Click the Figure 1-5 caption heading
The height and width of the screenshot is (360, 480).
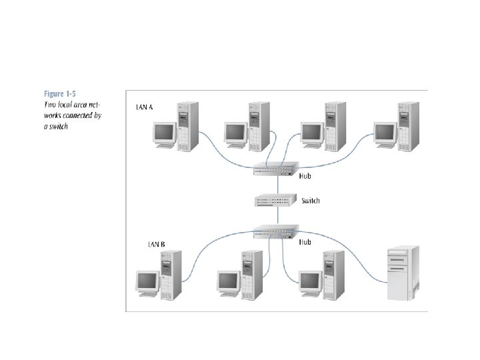click(61, 93)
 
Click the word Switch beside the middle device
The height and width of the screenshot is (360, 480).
click(311, 200)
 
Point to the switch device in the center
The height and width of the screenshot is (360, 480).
click(275, 200)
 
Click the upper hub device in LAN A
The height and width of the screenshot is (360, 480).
click(273, 171)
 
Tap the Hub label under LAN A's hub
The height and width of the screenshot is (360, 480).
click(305, 177)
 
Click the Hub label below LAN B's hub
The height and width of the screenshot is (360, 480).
click(304, 242)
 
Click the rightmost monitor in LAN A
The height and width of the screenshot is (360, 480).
click(386, 133)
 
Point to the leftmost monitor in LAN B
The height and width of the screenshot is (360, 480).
click(146, 283)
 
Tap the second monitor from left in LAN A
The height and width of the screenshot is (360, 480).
click(236, 133)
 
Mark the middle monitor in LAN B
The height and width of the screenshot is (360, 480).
click(229, 283)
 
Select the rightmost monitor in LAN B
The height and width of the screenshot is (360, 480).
click(311, 283)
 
